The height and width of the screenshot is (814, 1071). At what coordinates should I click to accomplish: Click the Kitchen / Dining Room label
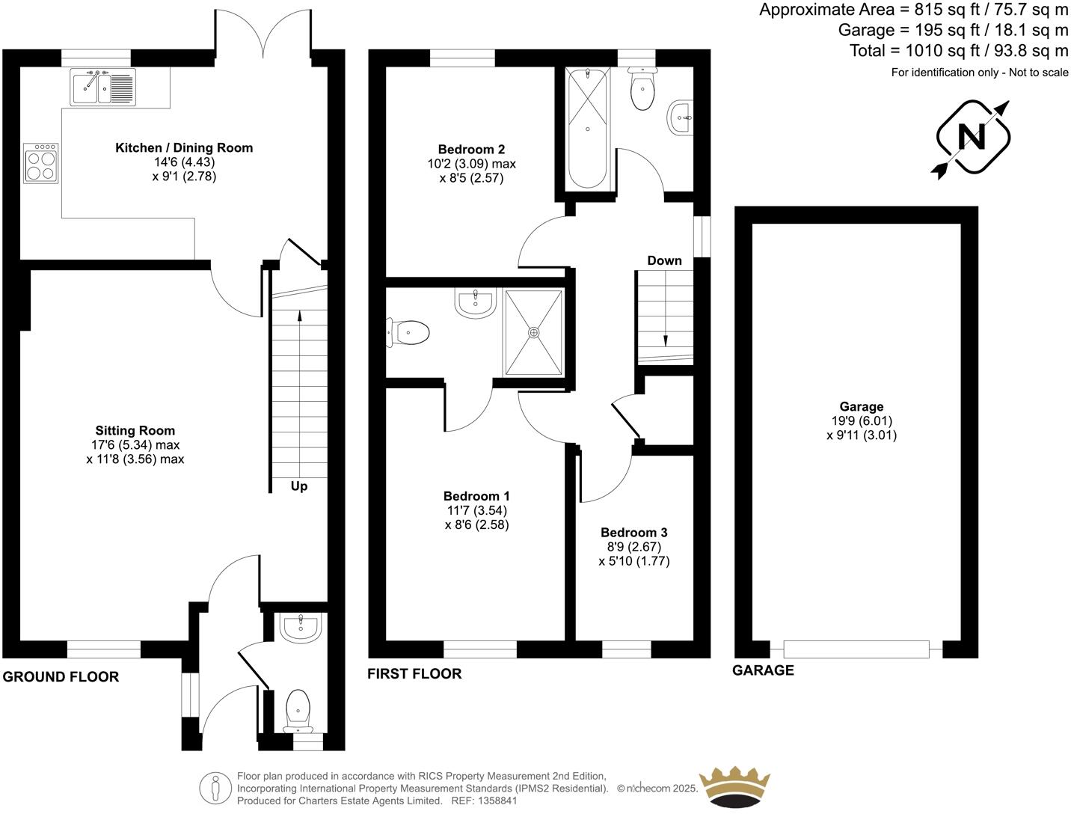click(183, 148)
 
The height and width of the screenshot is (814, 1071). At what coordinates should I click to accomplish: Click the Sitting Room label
click(135, 431)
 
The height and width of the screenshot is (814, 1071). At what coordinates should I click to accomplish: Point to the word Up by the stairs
click(299, 486)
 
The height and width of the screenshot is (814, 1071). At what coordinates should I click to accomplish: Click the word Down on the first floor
click(664, 260)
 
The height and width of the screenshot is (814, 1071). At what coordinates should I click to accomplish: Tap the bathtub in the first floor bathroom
click(588, 128)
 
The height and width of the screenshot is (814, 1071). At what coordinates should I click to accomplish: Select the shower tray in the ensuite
click(533, 331)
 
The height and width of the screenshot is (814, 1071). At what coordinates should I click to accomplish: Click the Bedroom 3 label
click(634, 533)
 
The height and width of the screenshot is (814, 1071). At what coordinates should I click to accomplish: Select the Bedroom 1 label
click(476, 496)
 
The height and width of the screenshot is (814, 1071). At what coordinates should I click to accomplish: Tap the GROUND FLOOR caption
click(61, 677)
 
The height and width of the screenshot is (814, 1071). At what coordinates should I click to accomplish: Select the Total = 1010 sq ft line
click(958, 51)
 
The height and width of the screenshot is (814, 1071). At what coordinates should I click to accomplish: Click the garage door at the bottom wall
click(856, 649)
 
